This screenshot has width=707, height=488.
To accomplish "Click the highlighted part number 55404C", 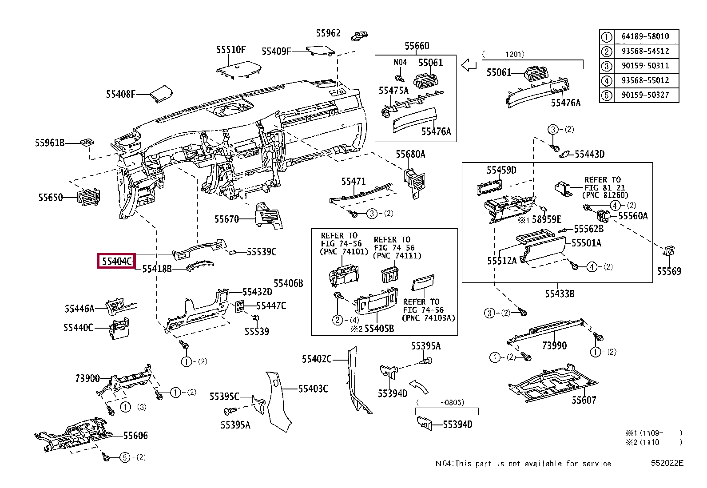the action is pos(116,261).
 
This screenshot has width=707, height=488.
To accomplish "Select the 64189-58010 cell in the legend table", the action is pos(645,36).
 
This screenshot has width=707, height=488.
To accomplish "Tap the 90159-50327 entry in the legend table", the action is pos(645,95).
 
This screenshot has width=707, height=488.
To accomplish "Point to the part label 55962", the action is pos(328,33).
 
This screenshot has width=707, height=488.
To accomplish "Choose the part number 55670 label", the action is pos(226,219).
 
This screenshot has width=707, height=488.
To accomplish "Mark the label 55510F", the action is pos(231,50).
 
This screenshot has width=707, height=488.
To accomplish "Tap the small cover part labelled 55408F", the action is pos(161,93).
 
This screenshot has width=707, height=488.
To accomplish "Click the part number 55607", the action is pos(584,400).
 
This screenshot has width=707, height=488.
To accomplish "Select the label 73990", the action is pos(554,345).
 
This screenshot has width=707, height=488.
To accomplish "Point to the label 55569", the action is pos(669,271).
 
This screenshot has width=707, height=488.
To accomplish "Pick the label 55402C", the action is pos(317,359).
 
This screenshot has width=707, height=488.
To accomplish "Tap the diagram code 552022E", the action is pos(667,463).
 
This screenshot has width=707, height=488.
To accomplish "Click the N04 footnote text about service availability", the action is pos(523,464).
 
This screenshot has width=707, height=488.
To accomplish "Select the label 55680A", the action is pos(410,154).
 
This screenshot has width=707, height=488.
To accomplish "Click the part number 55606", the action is pos(135,436).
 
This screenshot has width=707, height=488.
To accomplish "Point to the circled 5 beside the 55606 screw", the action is pos(125,457).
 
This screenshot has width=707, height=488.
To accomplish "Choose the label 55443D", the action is pos(589,154).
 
